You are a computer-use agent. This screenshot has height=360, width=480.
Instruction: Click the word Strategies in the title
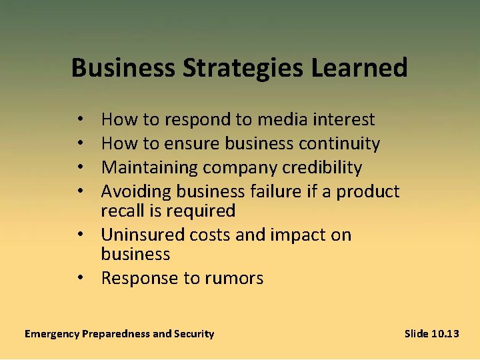237,68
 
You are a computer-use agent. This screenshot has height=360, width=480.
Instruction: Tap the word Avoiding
135,192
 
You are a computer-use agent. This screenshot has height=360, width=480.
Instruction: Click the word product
368,192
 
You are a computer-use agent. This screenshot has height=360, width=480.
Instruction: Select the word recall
122,211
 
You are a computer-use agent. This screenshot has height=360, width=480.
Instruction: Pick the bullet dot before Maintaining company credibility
79,168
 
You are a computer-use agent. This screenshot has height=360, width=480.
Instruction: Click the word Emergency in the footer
51,334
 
